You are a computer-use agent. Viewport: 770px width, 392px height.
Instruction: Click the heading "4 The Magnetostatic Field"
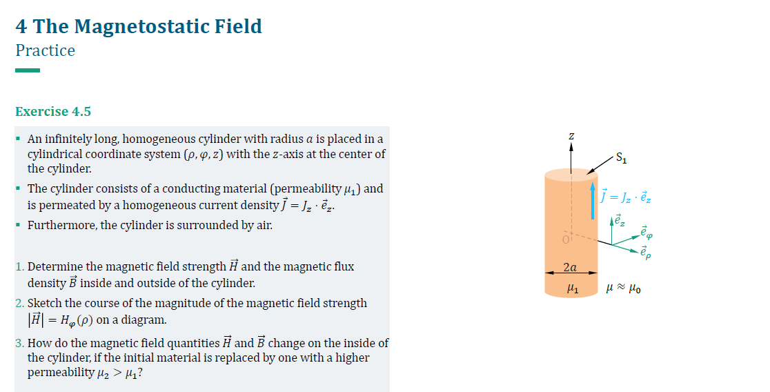139,26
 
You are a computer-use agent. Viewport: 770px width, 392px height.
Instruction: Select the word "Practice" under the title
45,50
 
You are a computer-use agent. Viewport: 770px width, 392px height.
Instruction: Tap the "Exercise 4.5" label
53,111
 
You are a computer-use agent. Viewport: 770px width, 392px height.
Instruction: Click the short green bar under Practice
28,70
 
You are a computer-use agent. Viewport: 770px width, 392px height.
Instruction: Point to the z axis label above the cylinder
571,137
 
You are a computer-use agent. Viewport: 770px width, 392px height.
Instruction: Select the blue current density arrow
593,200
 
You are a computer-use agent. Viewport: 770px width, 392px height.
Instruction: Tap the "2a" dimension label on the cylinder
570,266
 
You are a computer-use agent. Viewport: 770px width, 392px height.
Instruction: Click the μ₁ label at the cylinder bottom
570,289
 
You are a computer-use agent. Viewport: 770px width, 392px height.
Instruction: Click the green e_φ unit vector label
644,231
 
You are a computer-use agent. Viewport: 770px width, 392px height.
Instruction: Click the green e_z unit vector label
620,221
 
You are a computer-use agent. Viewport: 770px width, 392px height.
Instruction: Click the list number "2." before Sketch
19,303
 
